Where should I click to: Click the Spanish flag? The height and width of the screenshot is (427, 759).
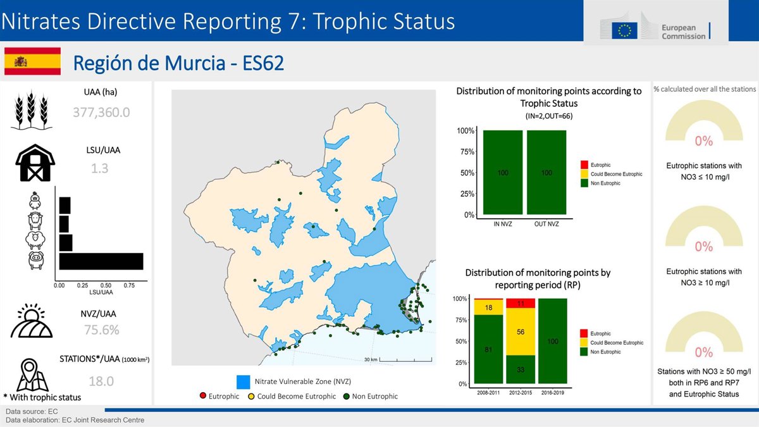pos(32,61)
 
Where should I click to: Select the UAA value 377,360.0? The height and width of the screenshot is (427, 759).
pos(101,112)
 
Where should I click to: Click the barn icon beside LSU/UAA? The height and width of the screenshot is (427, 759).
pos(35,163)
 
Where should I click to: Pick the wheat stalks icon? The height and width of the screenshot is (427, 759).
pos(31,109)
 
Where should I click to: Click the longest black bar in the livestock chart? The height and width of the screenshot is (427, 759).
pos(101,261)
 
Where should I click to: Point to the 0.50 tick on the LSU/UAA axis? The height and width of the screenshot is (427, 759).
pos(106,285)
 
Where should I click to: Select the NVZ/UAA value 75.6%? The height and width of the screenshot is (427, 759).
pos(102,330)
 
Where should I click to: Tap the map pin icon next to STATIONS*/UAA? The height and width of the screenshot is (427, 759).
pos(30,374)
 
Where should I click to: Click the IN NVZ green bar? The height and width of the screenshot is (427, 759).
pos(503,172)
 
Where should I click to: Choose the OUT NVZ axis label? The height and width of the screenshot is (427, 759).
pos(546,224)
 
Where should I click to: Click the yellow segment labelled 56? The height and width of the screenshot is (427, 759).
pos(521,331)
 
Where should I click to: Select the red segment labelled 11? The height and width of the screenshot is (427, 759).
pos(521,303)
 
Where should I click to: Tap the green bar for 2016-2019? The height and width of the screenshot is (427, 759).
pos(553,341)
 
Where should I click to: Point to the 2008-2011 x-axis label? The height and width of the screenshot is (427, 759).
pos(488,393)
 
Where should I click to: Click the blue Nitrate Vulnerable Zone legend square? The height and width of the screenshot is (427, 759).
pos(244,382)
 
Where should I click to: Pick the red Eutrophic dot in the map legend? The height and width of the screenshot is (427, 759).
pos(203,395)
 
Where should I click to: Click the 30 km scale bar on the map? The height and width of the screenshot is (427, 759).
pos(405,359)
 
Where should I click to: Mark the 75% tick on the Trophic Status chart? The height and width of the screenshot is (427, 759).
pos(467,151)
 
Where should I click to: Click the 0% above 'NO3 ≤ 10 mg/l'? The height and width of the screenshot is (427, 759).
pos(704,141)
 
